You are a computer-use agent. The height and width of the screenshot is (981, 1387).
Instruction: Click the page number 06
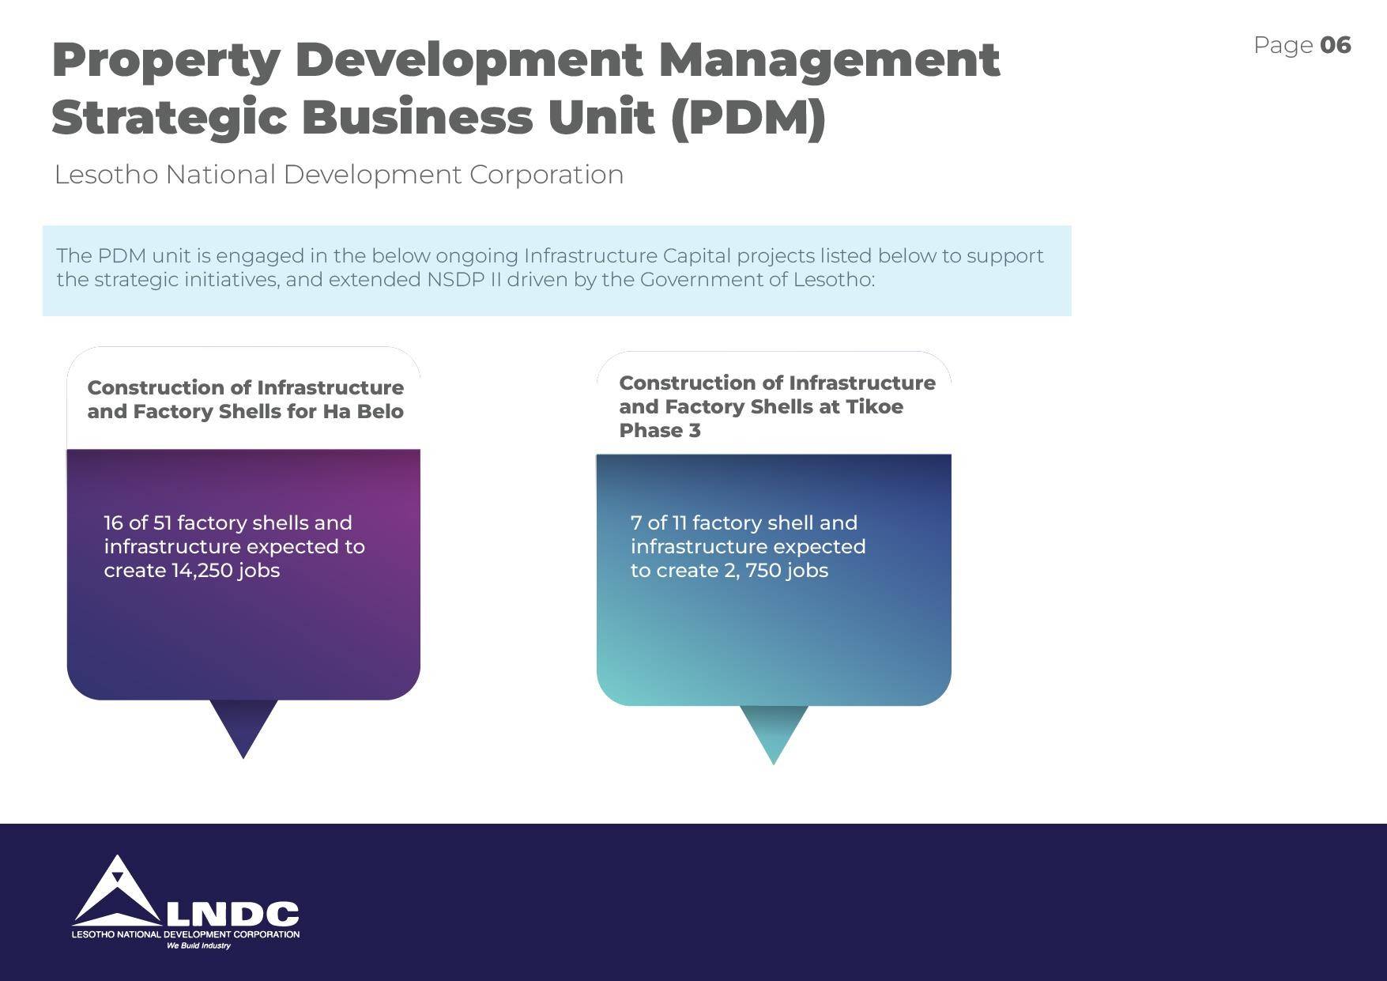(x=1336, y=45)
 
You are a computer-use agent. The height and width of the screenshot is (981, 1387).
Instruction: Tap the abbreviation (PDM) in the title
(x=748, y=117)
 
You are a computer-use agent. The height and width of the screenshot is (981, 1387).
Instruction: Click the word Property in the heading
(x=166, y=62)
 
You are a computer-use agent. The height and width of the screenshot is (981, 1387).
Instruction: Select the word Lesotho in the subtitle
(x=106, y=174)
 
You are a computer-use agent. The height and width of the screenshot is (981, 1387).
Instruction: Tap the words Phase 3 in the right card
(x=659, y=430)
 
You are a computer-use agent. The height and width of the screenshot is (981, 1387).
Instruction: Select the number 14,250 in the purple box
(x=202, y=570)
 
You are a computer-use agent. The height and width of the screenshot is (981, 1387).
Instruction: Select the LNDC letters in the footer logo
(x=232, y=914)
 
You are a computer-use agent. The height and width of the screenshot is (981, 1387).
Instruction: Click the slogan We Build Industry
(x=198, y=945)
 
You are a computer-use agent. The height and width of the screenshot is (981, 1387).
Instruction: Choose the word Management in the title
(x=829, y=62)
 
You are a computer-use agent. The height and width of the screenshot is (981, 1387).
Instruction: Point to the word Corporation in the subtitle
(x=547, y=175)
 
